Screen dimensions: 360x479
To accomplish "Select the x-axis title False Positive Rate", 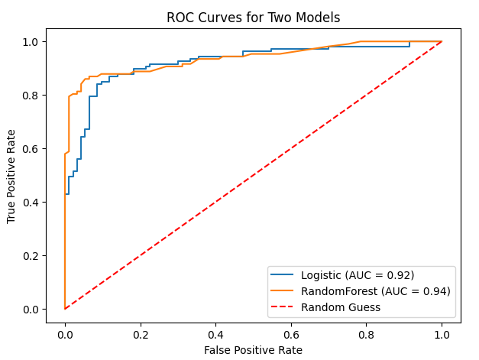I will pos(253,350).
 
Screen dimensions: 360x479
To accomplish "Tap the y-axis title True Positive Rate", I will pos(11,176).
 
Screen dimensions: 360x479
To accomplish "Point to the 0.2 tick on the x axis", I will pos(140,334).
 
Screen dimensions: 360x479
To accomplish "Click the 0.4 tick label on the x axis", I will pos(215,334).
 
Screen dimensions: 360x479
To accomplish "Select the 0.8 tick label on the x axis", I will pos(366,334).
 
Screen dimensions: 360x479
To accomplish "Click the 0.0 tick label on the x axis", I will pos(65,334).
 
